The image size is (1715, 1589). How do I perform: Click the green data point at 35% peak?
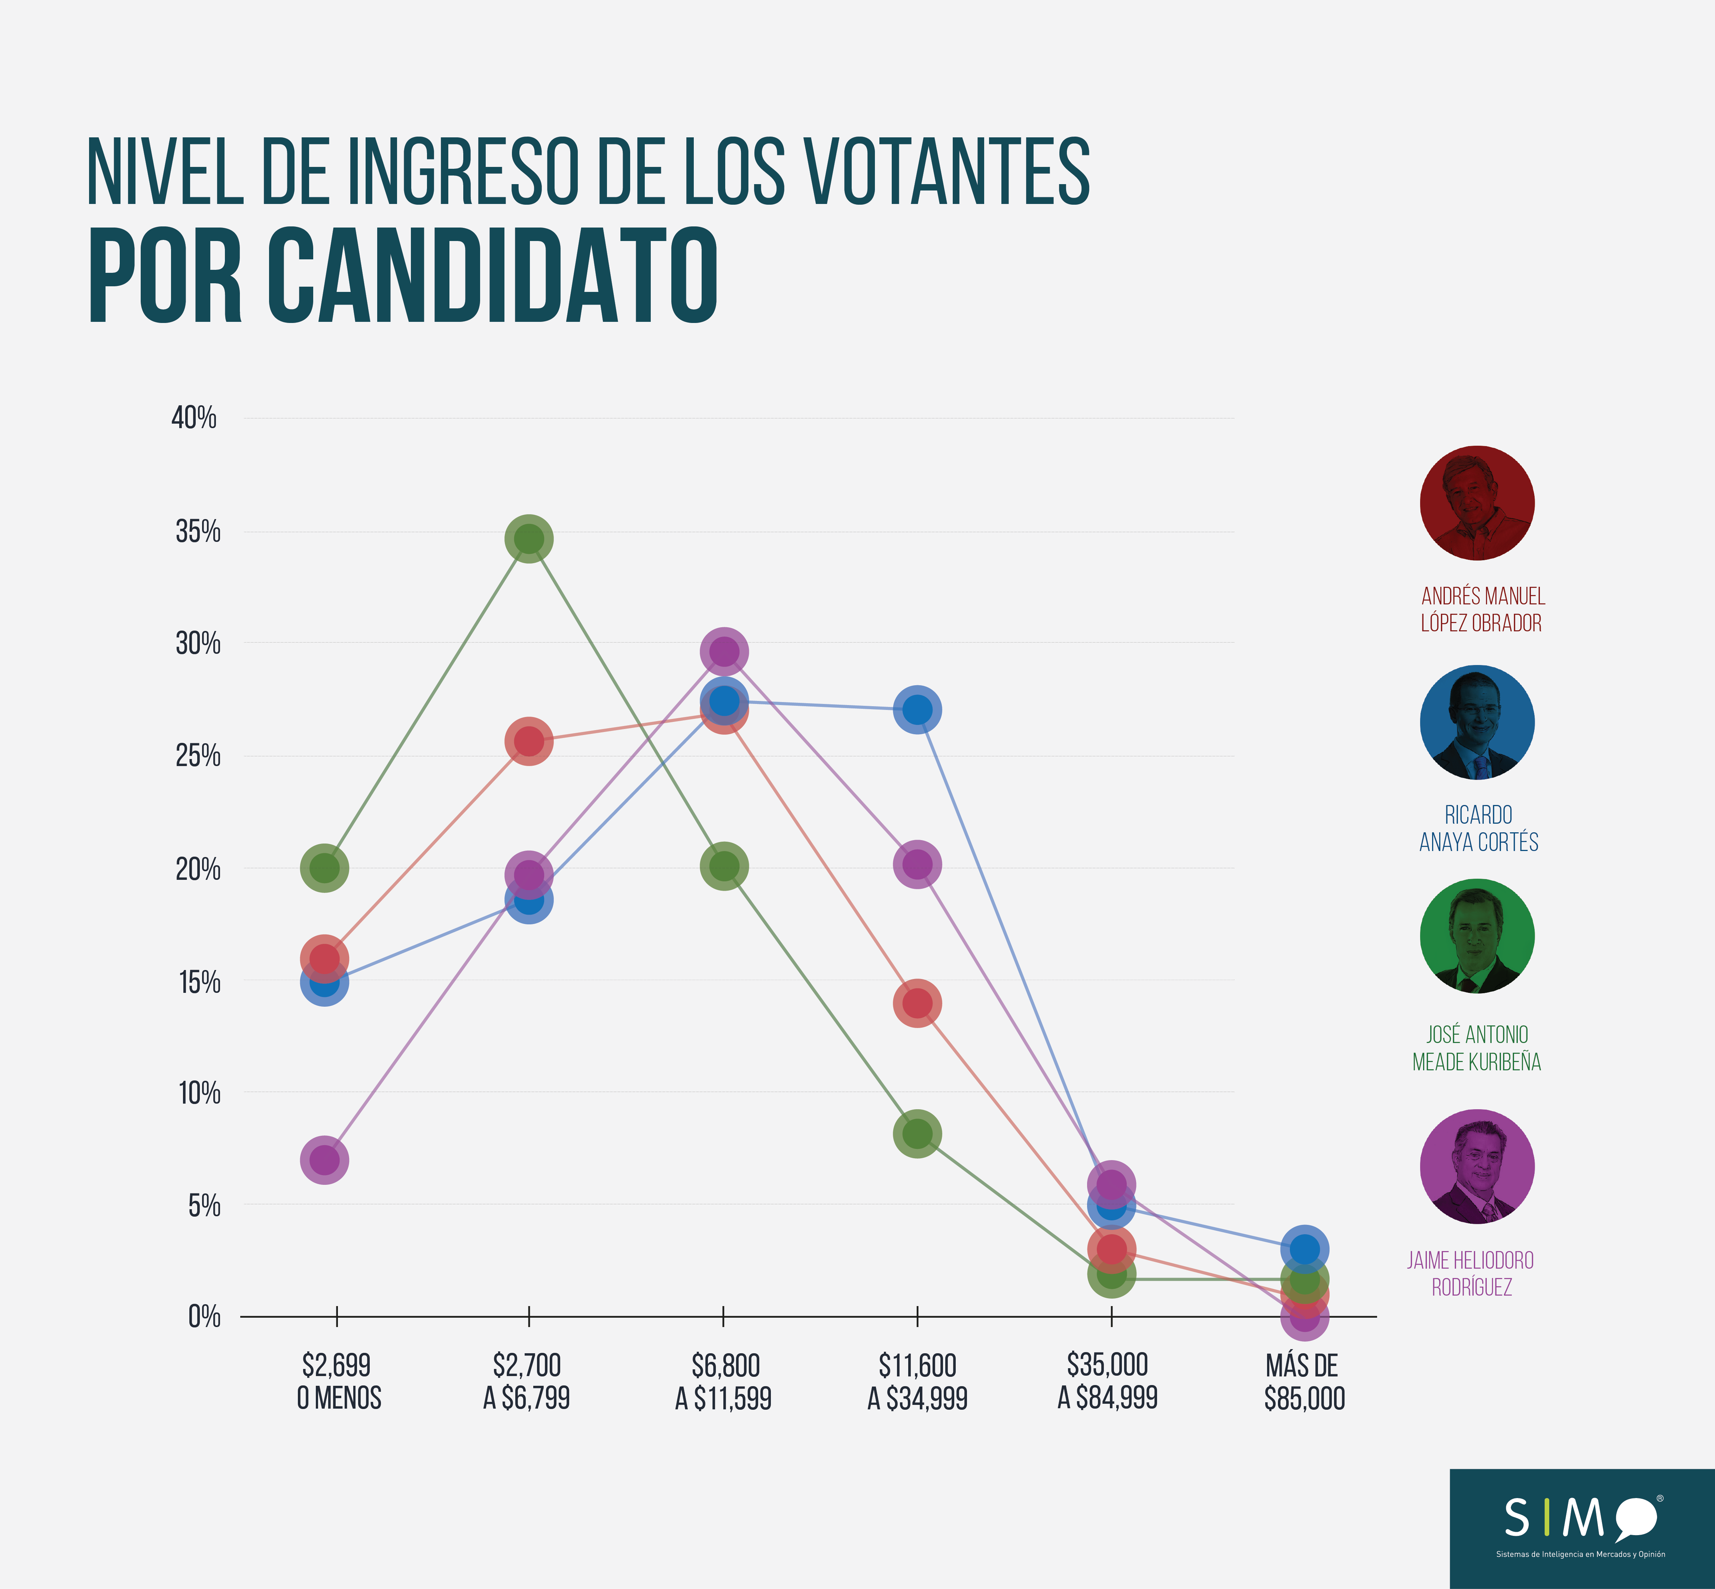coord(529,539)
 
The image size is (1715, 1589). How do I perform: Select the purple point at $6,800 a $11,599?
coord(724,652)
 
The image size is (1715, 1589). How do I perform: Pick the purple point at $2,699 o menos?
coord(324,1160)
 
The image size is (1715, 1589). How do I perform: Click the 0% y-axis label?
coord(205,1317)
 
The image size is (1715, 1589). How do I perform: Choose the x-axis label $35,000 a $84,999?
coord(1108,1381)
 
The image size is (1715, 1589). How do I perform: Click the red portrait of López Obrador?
coord(1477,503)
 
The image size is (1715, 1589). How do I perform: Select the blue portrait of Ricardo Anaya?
coord(1477,722)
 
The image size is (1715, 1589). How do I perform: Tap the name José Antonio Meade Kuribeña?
coord(1477,1048)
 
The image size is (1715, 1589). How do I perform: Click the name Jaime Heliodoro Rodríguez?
coord(1471,1274)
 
